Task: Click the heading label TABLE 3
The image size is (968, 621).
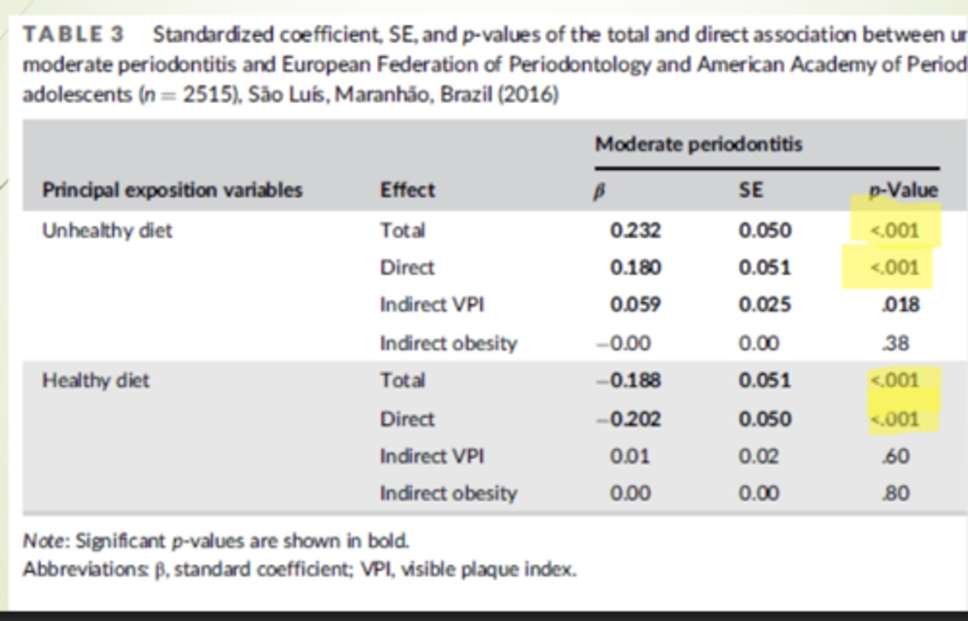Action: click(73, 34)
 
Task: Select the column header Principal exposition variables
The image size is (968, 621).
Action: click(172, 190)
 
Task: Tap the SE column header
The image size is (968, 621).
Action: click(751, 190)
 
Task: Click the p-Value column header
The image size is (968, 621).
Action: click(903, 190)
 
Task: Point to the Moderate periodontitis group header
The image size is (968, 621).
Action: click(698, 144)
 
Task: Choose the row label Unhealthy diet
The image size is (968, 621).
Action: click(107, 231)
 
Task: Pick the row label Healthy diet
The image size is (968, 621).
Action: click(95, 380)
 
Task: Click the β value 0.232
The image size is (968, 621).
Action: click(635, 231)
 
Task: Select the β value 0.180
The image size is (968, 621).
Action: click(635, 267)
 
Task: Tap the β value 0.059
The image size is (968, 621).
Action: click(635, 304)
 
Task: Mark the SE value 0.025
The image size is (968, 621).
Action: click(764, 304)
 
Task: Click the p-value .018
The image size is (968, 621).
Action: click(900, 304)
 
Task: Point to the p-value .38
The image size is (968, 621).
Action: click(896, 343)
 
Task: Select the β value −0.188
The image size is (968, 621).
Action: click(629, 380)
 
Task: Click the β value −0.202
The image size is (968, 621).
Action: click(629, 419)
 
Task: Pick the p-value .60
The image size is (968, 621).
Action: click(896, 456)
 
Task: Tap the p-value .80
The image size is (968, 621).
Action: click(896, 493)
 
